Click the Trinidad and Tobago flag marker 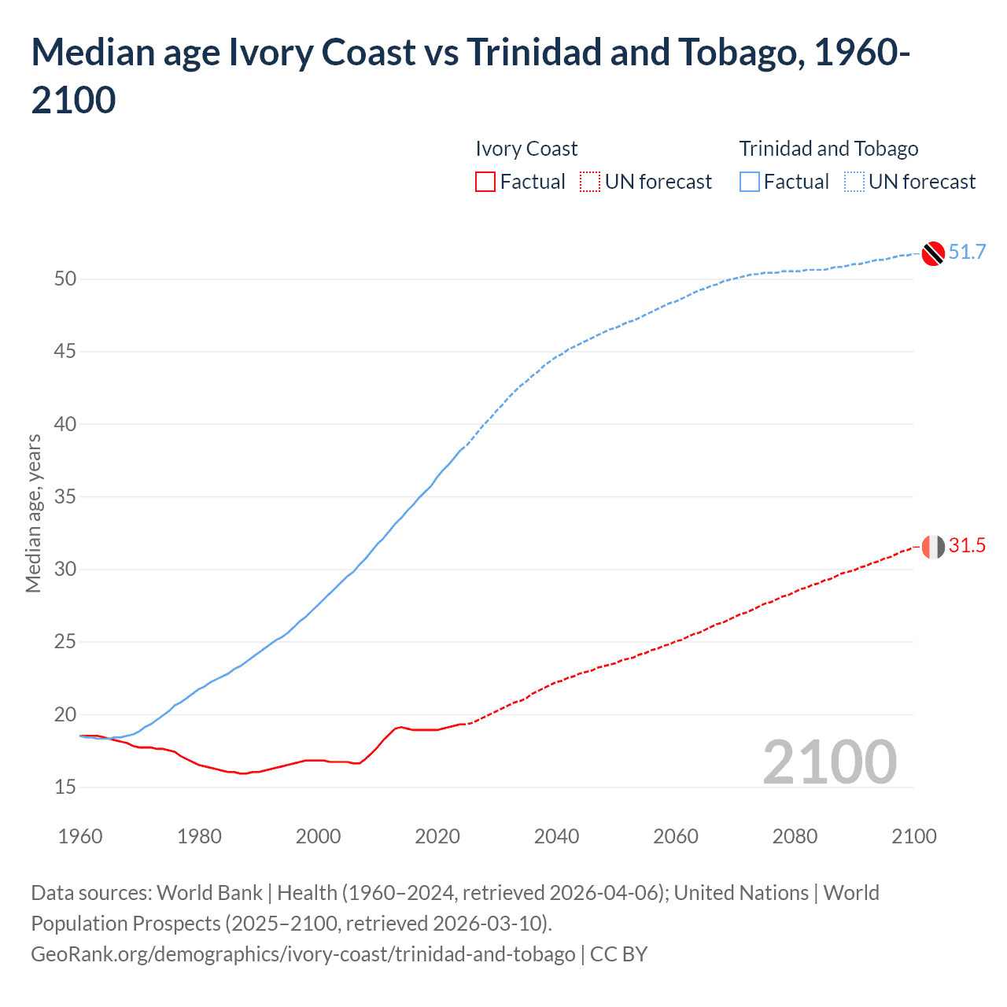tap(933, 253)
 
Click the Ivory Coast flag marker tap(933, 546)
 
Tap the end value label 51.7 tap(967, 252)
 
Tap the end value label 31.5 tap(967, 545)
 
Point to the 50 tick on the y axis tap(65, 278)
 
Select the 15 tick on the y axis tap(65, 787)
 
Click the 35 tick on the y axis tap(65, 496)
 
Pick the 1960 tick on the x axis tap(80, 836)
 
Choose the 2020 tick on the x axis tap(437, 836)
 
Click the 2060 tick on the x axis tap(676, 836)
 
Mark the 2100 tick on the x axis tap(913, 836)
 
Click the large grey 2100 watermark tap(829, 762)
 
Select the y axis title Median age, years tap(33, 513)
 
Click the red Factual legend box tap(485, 182)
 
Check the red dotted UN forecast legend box tap(590, 182)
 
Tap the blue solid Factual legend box tap(750, 182)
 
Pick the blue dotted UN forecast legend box tap(854, 182)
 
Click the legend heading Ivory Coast tap(526, 149)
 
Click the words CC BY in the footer tap(618, 954)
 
